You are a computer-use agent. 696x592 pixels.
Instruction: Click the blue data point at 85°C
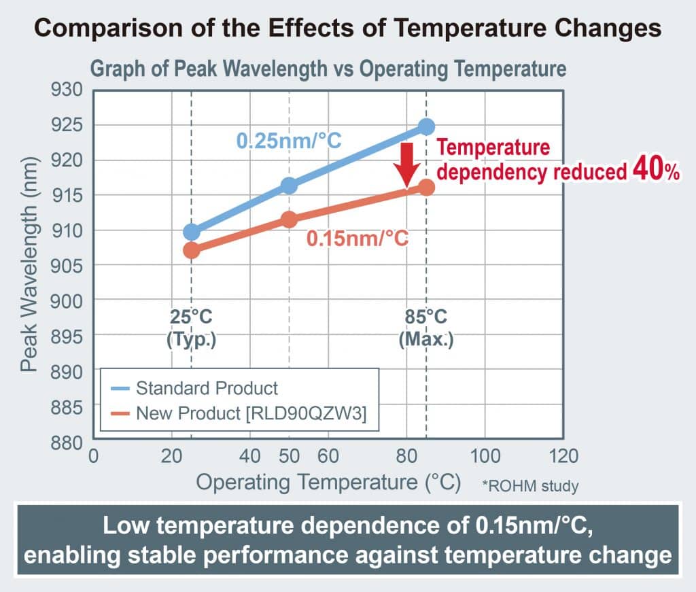pyautogui.click(x=426, y=127)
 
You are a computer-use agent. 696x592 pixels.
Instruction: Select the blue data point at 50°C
pyautogui.click(x=289, y=186)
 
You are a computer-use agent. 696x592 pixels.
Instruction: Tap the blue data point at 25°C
pyautogui.click(x=191, y=231)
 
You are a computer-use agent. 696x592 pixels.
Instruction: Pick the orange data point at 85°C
pyautogui.click(x=426, y=188)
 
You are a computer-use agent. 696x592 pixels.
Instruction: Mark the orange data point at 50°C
pyautogui.click(x=289, y=220)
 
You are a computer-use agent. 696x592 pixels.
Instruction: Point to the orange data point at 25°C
pyautogui.click(x=191, y=251)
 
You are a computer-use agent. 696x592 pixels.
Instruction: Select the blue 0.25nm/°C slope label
pyautogui.click(x=288, y=141)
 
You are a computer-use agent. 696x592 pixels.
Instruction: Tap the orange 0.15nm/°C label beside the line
pyautogui.click(x=358, y=239)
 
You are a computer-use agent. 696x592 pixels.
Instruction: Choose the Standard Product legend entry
pyautogui.click(x=194, y=388)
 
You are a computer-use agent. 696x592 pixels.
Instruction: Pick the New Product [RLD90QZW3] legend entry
pyautogui.click(x=239, y=413)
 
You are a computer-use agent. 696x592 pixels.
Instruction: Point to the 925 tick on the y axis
pyautogui.click(x=67, y=124)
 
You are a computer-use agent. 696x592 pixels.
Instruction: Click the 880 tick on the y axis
pyautogui.click(x=67, y=442)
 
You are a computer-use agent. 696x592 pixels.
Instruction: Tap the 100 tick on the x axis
pyautogui.click(x=485, y=456)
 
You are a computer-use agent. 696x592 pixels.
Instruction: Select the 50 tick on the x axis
pyautogui.click(x=289, y=456)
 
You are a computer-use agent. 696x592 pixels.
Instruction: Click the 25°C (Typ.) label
pyautogui.click(x=191, y=328)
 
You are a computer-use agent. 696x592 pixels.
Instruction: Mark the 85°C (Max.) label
pyautogui.click(x=426, y=328)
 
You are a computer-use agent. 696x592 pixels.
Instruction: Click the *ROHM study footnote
pyautogui.click(x=530, y=486)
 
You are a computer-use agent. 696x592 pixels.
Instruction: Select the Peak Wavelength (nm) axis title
pyautogui.click(x=29, y=264)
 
